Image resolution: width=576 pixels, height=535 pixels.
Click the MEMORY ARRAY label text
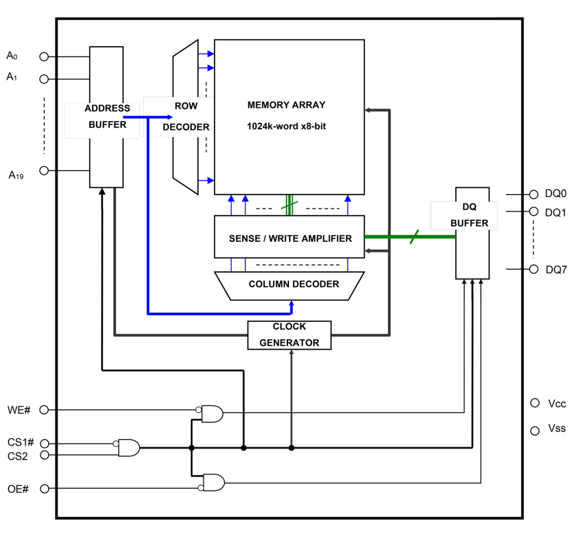[x=286, y=105]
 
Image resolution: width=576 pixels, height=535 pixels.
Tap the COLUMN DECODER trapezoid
[x=293, y=284]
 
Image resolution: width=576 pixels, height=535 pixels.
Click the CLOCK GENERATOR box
[x=289, y=335]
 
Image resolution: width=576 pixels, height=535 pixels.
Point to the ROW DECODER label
[x=186, y=117]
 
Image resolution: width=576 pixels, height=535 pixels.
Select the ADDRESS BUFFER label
[x=107, y=117]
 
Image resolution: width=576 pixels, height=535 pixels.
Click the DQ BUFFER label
[x=469, y=215]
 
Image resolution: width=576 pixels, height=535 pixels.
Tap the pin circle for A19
[x=44, y=171]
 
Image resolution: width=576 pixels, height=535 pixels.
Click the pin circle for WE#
[x=44, y=410]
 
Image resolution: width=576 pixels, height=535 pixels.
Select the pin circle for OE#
[x=44, y=489]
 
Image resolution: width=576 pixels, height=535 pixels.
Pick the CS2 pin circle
[x=44, y=455]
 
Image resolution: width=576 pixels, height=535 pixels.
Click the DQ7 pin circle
[x=534, y=269]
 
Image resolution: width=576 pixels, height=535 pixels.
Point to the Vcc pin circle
[x=535, y=403]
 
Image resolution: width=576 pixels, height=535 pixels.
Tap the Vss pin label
[x=557, y=429]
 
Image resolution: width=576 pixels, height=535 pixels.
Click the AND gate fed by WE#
[x=212, y=414]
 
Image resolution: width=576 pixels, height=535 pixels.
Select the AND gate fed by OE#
[x=214, y=483]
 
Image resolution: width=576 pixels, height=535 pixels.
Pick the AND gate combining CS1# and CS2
[x=129, y=447]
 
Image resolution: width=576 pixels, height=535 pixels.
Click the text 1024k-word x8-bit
[x=286, y=126]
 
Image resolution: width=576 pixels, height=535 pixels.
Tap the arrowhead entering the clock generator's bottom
[x=291, y=352]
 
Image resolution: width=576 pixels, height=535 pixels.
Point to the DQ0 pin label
[x=556, y=193]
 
